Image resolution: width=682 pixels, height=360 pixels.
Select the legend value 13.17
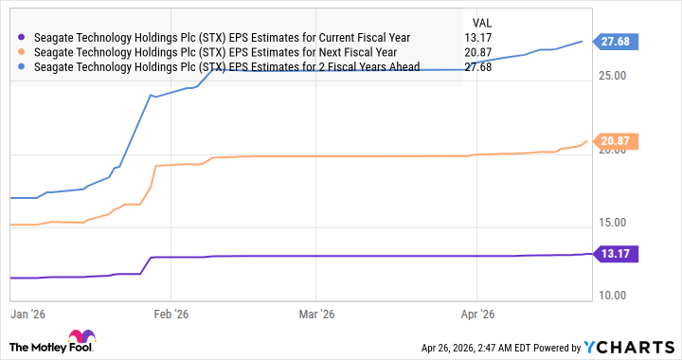tap(479, 38)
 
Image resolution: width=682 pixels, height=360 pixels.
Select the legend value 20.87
tap(479, 52)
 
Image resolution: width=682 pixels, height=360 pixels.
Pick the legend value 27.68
tap(479, 67)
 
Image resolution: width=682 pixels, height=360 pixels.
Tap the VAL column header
tap(481, 21)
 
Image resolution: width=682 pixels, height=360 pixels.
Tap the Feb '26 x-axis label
tap(170, 313)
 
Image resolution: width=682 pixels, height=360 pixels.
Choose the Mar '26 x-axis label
tap(318, 313)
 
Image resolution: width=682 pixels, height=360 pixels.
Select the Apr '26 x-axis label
tap(479, 313)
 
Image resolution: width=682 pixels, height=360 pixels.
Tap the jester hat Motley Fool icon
tap(77, 339)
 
